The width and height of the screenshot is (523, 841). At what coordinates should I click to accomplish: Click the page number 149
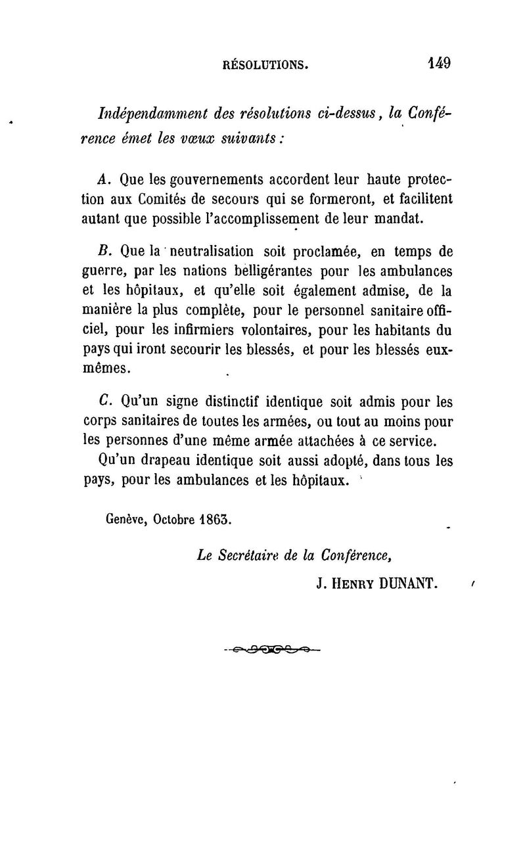click(x=438, y=63)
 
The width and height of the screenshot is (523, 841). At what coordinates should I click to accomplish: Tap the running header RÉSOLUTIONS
click(x=265, y=65)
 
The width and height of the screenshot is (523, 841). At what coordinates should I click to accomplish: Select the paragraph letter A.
click(x=101, y=179)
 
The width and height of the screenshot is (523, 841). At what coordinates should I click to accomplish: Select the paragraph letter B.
click(x=101, y=250)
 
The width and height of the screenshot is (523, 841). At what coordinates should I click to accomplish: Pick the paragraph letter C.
click(x=101, y=401)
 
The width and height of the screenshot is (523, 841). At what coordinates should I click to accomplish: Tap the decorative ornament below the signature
click(x=272, y=650)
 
